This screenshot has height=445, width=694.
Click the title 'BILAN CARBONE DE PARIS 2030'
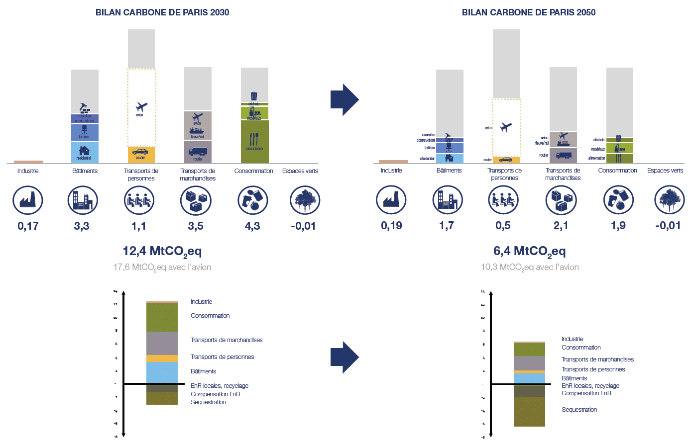pyautogui.click(x=162, y=12)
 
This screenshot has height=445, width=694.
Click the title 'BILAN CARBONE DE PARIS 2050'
pyautogui.click(x=528, y=12)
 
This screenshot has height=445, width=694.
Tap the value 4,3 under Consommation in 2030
pyautogui.click(x=252, y=226)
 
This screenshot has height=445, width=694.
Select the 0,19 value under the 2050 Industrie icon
pyautogui.click(x=391, y=226)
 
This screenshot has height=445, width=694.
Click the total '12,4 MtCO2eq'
pyautogui.click(x=162, y=251)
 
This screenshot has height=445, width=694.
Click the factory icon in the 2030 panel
pyautogui.click(x=28, y=200)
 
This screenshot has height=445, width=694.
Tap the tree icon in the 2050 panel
pyautogui.click(x=669, y=200)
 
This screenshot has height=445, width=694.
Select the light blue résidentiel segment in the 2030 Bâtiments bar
pyautogui.click(x=85, y=153)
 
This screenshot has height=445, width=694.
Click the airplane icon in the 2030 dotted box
pyautogui.click(x=141, y=107)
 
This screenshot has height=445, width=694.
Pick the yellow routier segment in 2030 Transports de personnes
pyautogui.click(x=141, y=155)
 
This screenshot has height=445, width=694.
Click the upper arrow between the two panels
pyautogui.click(x=344, y=99)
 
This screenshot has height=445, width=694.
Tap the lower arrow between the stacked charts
pyautogui.click(x=344, y=356)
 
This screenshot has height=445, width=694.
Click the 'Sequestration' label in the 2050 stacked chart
pyautogui.click(x=579, y=410)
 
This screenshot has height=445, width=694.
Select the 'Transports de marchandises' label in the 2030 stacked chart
pyautogui.click(x=227, y=340)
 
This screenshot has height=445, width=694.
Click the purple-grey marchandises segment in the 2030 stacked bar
pyautogui.click(x=162, y=343)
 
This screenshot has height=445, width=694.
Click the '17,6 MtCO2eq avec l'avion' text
pyautogui.click(x=162, y=267)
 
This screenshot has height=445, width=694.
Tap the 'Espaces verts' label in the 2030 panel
pyautogui.click(x=300, y=171)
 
